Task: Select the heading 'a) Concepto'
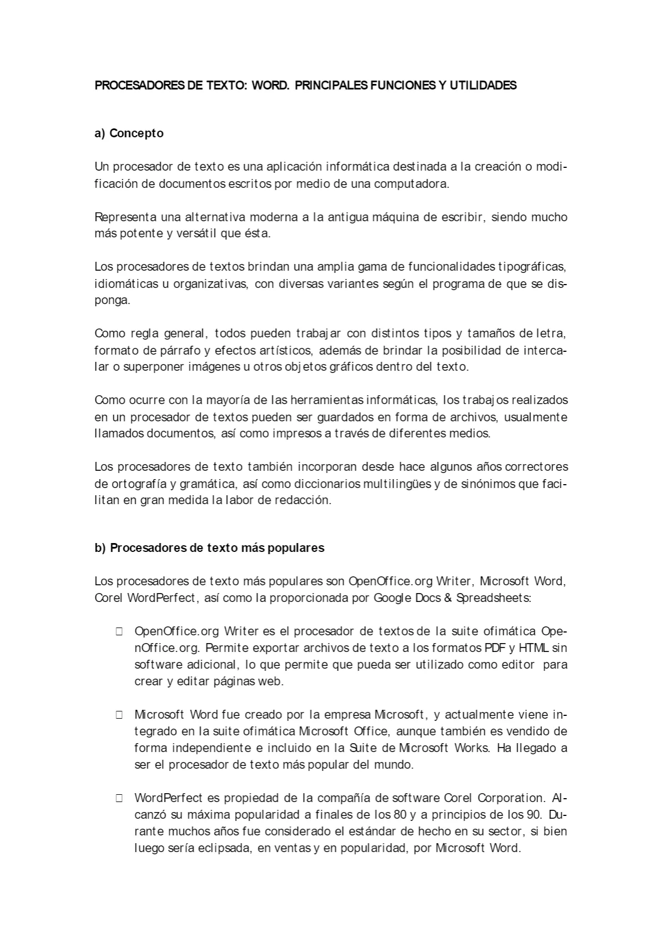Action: point(129,133)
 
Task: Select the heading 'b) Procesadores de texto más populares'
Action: point(209,547)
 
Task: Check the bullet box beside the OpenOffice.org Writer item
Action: point(119,631)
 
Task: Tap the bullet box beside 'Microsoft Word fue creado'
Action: point(119,715)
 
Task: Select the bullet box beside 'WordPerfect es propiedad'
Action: point(119,798)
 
